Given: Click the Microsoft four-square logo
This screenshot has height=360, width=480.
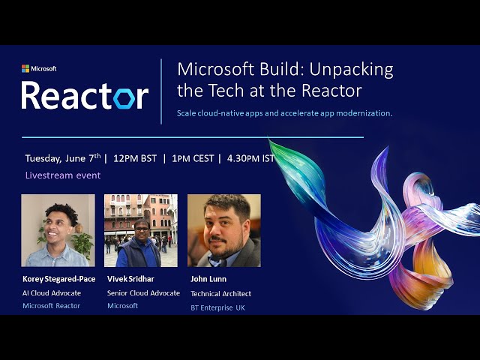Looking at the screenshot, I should [x=25, y=69].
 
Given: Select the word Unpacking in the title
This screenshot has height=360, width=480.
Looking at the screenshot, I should [x=352, y=70].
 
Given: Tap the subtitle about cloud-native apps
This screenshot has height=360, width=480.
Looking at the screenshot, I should [x=284, y=113].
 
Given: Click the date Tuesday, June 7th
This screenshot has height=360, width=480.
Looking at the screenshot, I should [x=62, y=158].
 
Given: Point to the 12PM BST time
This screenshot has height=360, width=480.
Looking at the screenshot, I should [x=134, y=158].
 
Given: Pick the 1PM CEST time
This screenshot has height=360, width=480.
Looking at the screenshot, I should [x=192, y=158].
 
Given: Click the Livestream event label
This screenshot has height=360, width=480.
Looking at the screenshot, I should [x=58, y=175].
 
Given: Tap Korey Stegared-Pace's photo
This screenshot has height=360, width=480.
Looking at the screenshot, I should [x=58, y=230].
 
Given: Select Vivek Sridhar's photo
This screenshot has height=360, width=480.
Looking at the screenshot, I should [x=141, y=230].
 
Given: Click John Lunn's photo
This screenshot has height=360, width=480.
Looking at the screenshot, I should [x=223, y=230].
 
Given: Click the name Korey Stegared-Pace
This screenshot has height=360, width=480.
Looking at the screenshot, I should [x=58, y=280].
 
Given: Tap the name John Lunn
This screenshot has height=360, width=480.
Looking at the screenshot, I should [x=208, y=280].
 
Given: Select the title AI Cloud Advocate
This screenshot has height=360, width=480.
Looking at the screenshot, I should [x=52, y=293].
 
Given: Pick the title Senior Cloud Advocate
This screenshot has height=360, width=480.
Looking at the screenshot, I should [x=143, y=293].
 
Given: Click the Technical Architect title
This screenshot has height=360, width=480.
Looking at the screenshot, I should [x=220, y=294].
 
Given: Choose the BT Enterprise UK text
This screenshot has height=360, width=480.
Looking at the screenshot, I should [x=218, y=307].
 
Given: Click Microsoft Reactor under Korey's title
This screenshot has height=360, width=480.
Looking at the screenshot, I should [x=51, y=306].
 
